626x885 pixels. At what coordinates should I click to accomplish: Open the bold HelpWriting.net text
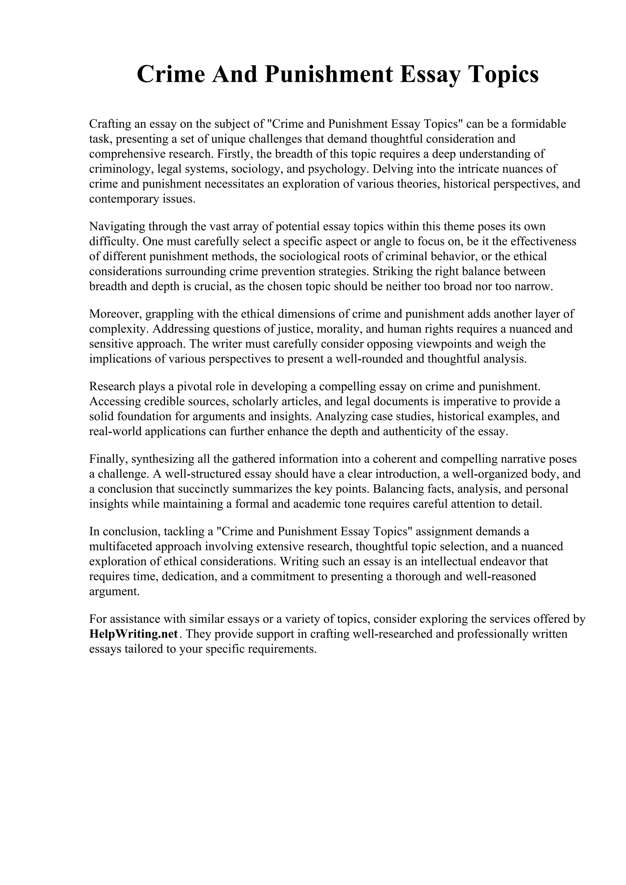134,634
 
